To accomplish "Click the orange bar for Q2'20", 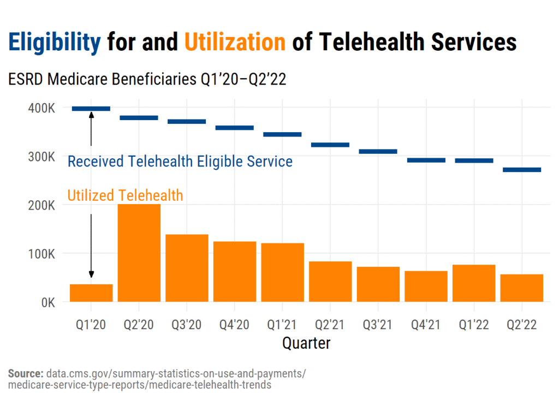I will tap(139, 253).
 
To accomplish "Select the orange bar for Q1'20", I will tap(91, 293).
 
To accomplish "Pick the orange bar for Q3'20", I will tap(187, 267).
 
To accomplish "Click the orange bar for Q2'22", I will tap(522, 288).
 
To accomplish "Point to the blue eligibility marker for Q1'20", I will tap(91, 109).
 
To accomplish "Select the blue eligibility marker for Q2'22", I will tap(522, 170).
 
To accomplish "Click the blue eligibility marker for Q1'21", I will tap(283, 134).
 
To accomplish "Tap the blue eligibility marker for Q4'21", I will tap(426, 160).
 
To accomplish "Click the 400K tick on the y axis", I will tap(41, 108).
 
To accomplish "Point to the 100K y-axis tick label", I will tap(41, 254).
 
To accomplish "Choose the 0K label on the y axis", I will tap(46, 302).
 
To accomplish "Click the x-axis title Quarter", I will tap(306, 343).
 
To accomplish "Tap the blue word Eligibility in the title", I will tap(55, 42).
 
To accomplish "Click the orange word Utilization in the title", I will tap(235, 42).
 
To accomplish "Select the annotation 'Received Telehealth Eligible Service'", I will tap(180, 162).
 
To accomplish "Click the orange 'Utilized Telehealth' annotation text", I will tap(125, 195).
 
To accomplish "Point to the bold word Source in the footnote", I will tap(26, 374).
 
